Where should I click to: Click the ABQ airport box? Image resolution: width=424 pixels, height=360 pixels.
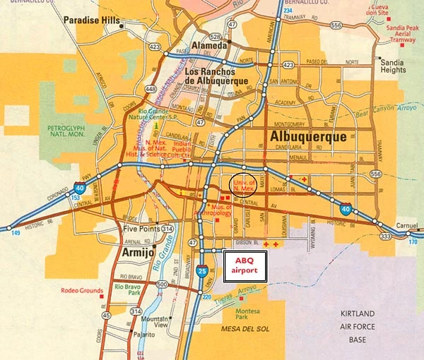click(245, 265)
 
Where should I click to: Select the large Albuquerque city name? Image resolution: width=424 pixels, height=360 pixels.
click(309, 136)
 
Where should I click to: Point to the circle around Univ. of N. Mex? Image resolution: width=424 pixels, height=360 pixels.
click(243, 184)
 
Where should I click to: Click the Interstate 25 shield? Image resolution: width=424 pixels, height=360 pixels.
click(204, 270)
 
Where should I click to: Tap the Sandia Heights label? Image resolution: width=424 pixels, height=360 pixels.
click(393, 66)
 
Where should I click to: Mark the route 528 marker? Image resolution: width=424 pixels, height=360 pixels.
click(214, 36)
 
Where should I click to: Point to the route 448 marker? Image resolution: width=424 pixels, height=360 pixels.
click(151, 89)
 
